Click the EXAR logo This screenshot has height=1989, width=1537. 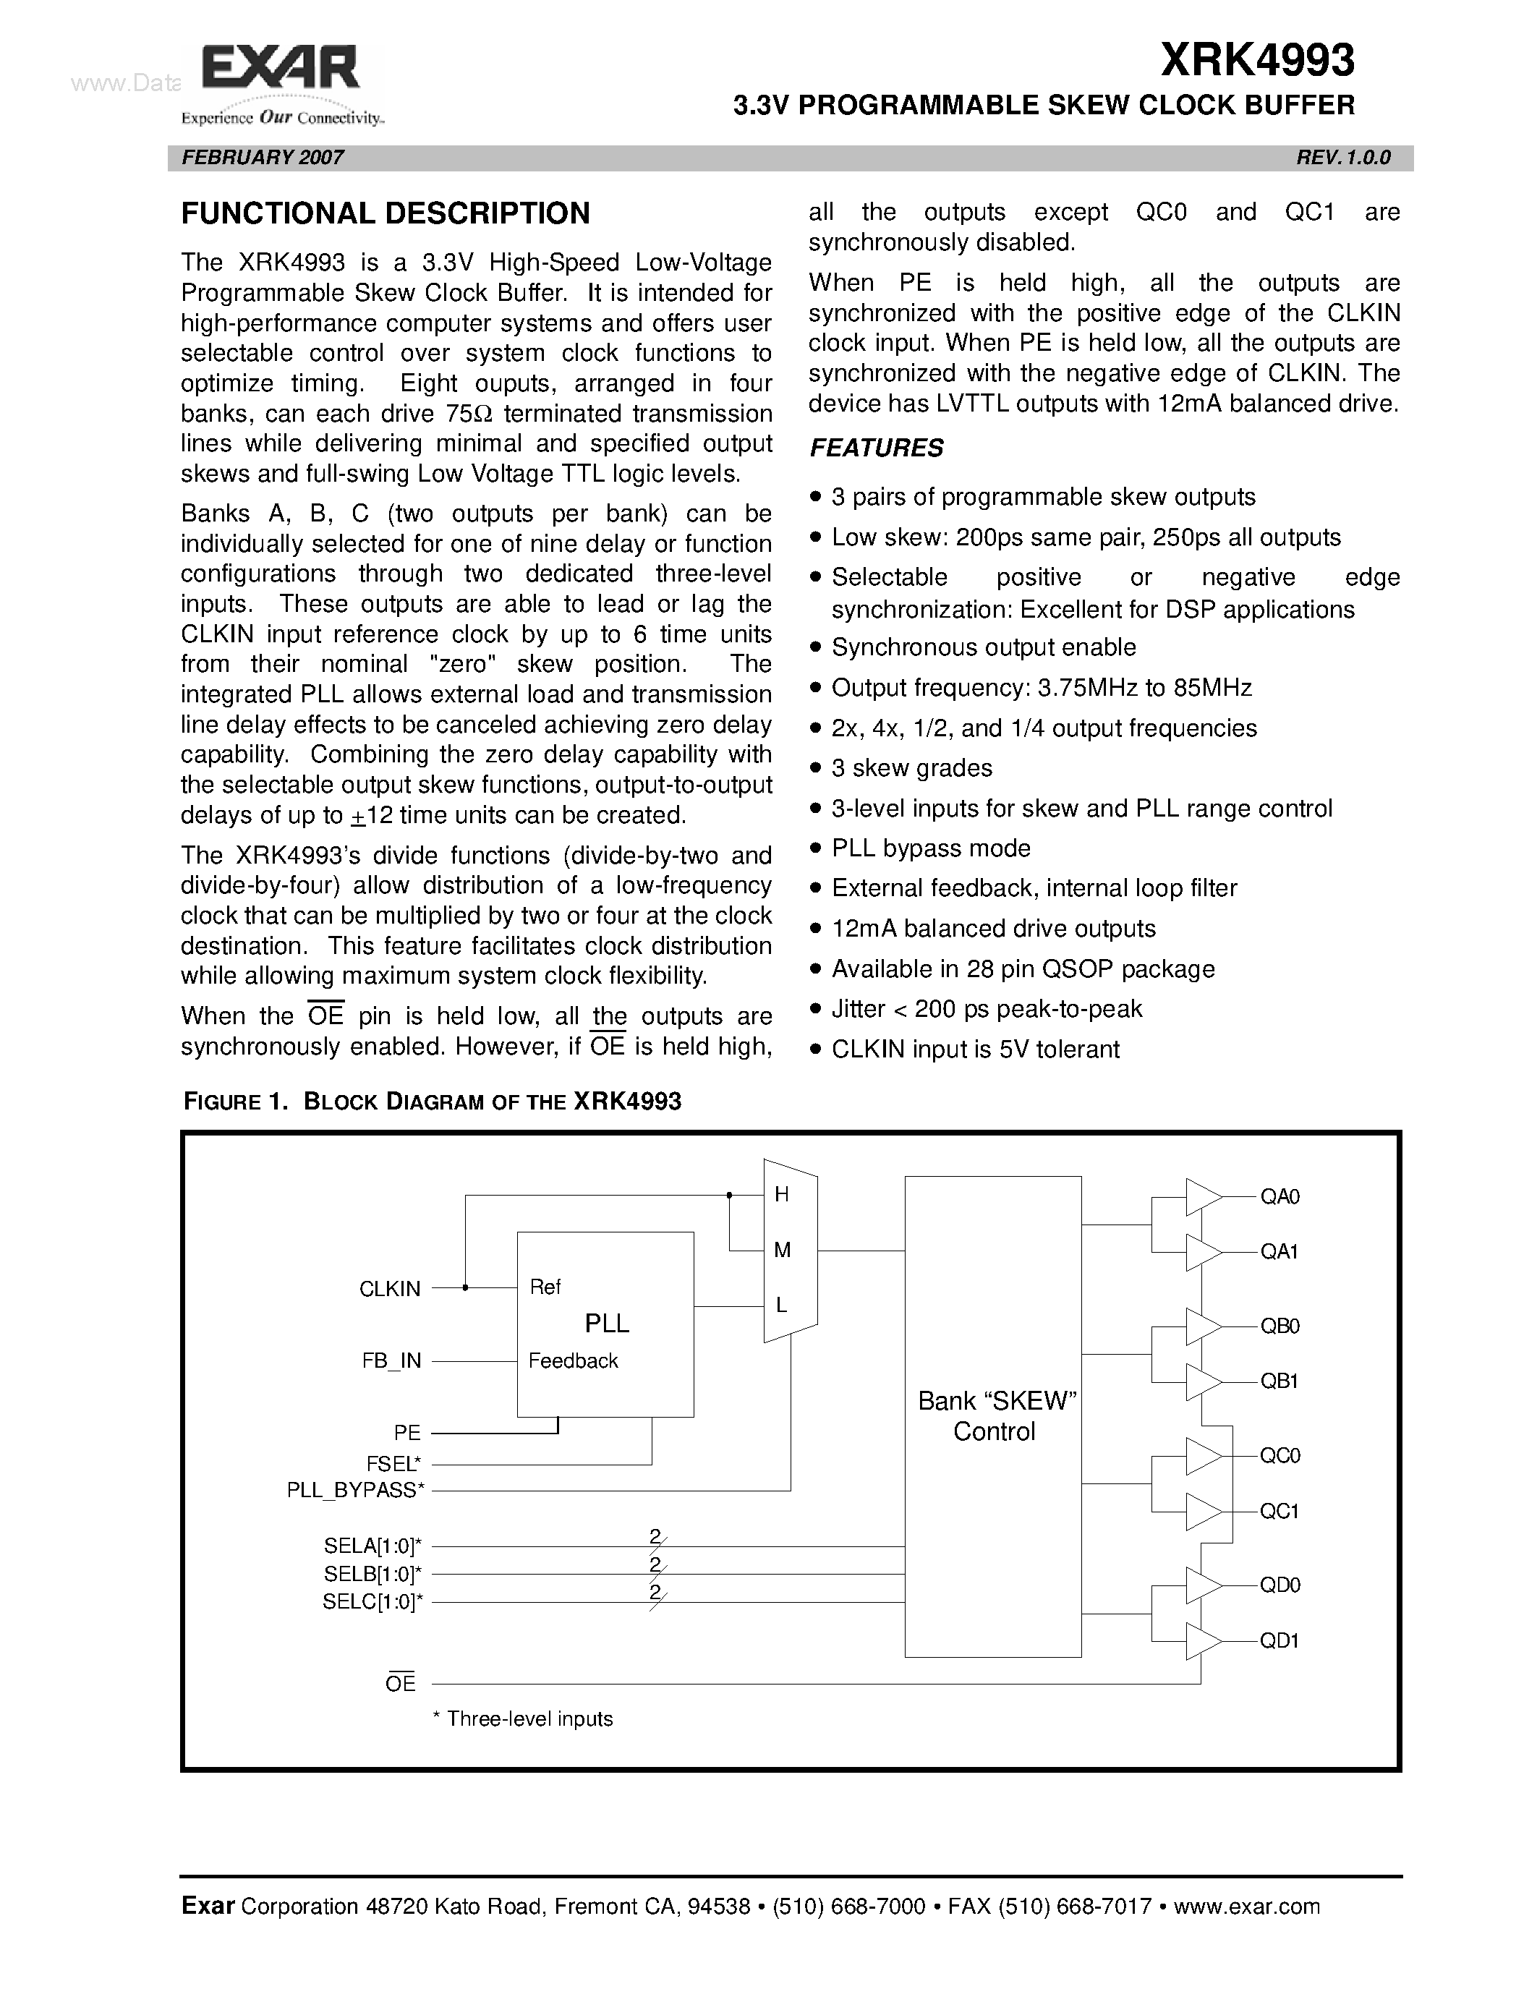point(281,71)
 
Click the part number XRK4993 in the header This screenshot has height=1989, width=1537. point(1258,61)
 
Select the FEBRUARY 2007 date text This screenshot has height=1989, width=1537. point(263,158)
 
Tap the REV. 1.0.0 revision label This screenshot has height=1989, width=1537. point(1343,158)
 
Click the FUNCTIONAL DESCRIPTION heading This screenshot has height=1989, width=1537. point(386,214)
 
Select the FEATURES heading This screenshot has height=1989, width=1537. point(876,448)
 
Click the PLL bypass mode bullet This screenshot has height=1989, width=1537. point(931,848)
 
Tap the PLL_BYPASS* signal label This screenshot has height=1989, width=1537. point(356,1490)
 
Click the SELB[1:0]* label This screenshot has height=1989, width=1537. point(372,1574)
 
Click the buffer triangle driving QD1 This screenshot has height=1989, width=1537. point(1203,1641)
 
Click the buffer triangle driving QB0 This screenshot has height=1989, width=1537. point(1203,1326)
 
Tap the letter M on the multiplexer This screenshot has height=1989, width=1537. point(781,1251)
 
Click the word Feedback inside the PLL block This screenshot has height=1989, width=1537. point(573,1360)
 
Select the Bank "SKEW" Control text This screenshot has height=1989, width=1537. point(996,1416)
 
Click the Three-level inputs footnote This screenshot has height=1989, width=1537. point(524,1718)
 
